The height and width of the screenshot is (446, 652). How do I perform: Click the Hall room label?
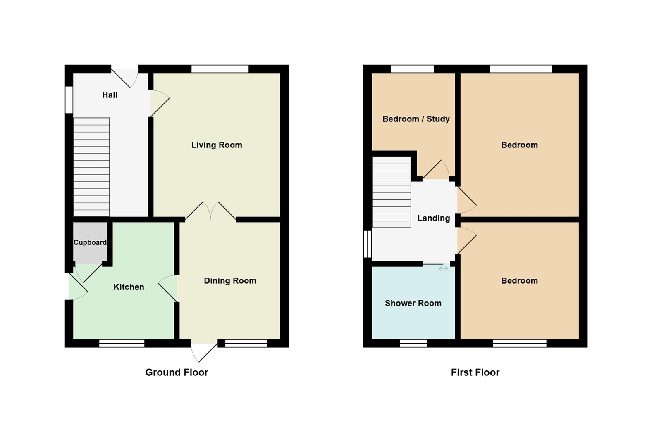[x=110, y=95]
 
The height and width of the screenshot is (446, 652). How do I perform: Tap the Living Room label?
[x=217, y=145]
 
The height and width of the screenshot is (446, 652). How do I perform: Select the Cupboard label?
[x=90, y=242]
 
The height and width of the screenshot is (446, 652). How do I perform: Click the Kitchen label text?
[x=129, y=287]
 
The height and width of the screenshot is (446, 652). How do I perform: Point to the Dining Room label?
[x=230, y=281]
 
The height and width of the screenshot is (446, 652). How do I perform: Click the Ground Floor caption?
[x=177, y=372]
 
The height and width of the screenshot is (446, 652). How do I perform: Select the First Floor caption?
[x=475, y=372]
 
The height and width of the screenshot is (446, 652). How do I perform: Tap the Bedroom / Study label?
[x=416, y=119]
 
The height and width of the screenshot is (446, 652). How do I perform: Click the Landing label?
[x=433, y=218]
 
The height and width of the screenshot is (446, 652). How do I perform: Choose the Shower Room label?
[x=413, y=303]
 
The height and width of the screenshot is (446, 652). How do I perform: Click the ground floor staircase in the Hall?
[x=91, y=167]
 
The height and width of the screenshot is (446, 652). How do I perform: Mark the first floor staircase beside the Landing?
[x=391, y=192]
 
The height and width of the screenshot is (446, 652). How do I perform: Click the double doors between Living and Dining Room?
[x=211, y=211]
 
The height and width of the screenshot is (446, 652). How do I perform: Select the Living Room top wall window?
[x=220, y=69]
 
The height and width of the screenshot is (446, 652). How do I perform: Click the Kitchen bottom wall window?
[x=122, y=343]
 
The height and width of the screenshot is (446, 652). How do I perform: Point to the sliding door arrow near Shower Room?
[x=443, y=269]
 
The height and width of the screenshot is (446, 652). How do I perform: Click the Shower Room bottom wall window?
[x=413, y=343]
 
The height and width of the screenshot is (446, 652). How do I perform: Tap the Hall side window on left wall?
[x=69, y=100]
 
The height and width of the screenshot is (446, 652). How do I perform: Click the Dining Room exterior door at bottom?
[x=205, y=351]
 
